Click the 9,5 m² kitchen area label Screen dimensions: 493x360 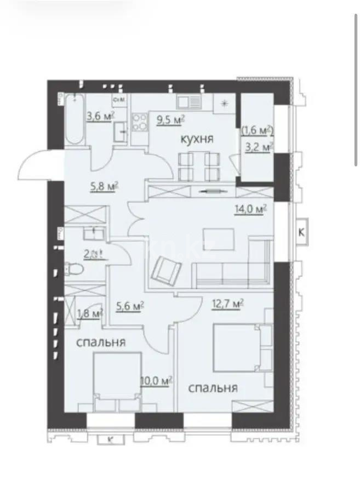[170, 120]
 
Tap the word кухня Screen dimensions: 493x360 [197, 140]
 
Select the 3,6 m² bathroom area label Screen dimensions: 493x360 [100, 116]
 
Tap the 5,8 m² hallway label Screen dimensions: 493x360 [104, 186]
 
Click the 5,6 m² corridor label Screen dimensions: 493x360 [130, 306]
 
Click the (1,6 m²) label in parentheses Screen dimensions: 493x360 [258, 130]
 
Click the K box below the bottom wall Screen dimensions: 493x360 [111, 439]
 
